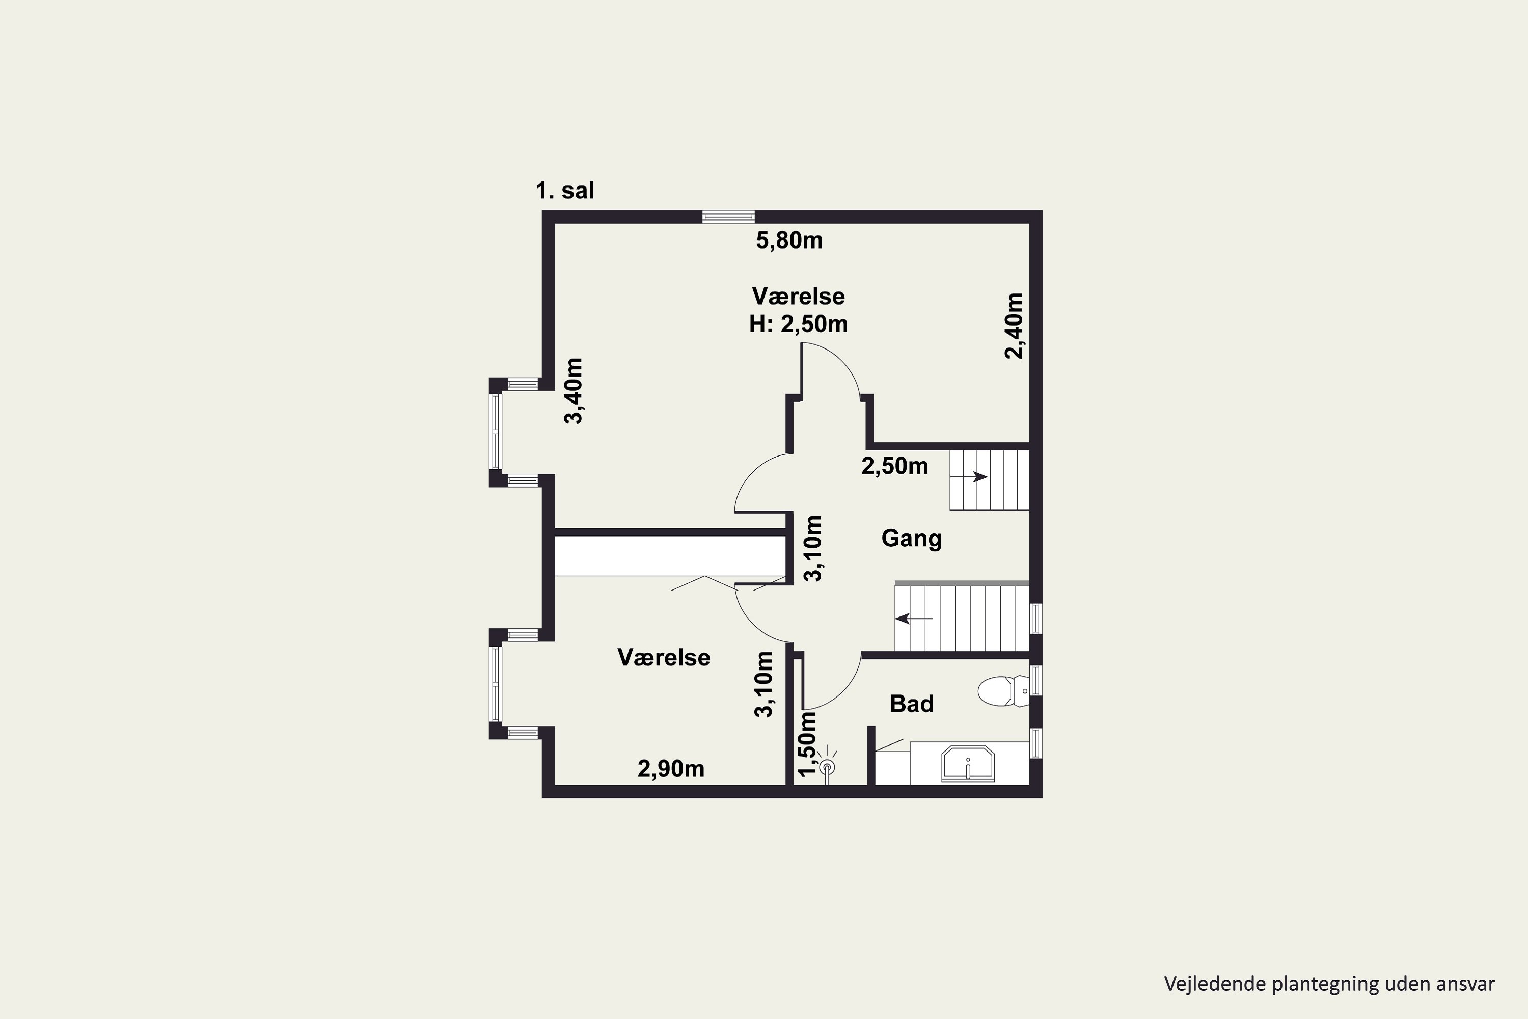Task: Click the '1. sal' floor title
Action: click(564, 191)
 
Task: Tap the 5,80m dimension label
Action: click(789, 240)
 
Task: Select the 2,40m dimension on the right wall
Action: click(1014, 326)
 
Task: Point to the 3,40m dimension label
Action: click(574, 391)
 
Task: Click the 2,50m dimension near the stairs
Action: click(894, 466)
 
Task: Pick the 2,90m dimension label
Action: click(671, 769)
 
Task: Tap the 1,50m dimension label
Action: click(806, 743)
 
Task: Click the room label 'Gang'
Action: click(912, 538)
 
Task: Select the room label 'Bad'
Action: click(912, 703)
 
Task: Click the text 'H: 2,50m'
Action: click(799, 324)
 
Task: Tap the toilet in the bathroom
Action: click(1003, 691)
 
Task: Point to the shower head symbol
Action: click(827, 767)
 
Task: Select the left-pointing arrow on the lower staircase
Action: click(913, 618)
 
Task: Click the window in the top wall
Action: click(728, 217)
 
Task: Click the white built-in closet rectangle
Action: click(670, 556)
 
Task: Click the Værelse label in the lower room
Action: click(663, 657)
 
